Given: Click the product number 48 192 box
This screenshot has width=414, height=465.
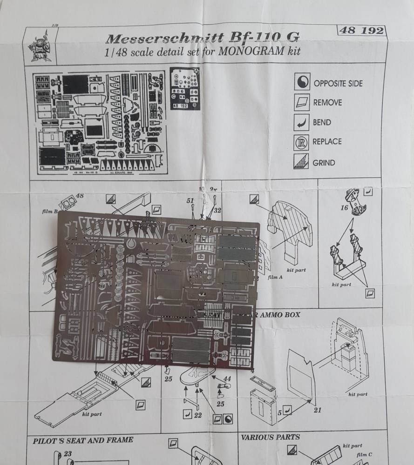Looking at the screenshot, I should tap(361, 31).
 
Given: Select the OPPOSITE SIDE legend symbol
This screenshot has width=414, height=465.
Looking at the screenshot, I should tap(303, 83).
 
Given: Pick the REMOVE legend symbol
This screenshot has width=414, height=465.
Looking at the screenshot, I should tap(303, 102).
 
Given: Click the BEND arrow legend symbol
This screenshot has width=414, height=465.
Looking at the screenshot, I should tap(303, 122).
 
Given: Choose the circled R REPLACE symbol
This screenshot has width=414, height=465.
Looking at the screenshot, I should tap(303, 142).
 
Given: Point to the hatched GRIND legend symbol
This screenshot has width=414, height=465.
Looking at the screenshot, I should tap(303, 162).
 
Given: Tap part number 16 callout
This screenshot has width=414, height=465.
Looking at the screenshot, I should tap(344, 208).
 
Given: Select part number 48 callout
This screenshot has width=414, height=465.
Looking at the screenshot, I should tap(79, 196).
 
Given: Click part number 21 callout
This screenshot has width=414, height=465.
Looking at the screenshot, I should tap(317, 410).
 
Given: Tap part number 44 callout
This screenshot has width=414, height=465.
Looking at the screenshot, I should tap(226, 379).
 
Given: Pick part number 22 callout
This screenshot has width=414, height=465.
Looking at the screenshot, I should tap(197, 414).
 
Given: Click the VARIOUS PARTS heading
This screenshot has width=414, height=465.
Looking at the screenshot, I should tap(270, 437).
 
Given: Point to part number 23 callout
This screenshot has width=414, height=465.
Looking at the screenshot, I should tap(68, 454).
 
